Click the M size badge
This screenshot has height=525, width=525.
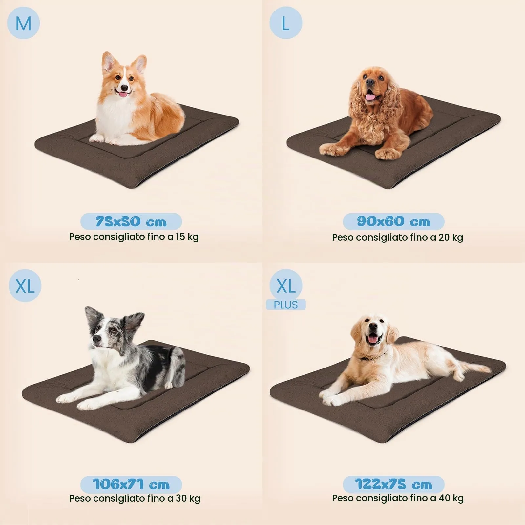point(23,23)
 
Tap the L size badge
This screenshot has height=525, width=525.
point(286,23)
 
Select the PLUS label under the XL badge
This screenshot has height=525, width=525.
point(286,305)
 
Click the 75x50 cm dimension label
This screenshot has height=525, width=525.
point(131,221)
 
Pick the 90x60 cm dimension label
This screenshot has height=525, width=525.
point(393,221)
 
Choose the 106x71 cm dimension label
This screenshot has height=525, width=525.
point(131,484)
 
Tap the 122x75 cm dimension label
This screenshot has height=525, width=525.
point(393,484)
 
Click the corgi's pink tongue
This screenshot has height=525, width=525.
point(124,95)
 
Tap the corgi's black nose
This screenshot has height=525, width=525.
point(124,88)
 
